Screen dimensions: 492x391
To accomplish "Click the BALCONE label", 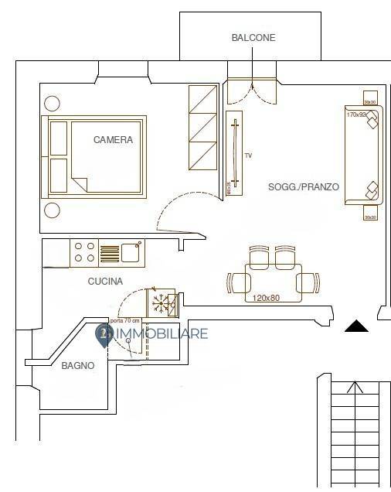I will point(253,37).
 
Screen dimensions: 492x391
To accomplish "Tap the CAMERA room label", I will point(113,140).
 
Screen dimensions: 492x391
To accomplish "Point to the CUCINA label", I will point(105,282).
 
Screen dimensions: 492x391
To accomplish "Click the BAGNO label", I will point(77,366).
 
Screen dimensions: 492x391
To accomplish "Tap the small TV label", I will point(248,156).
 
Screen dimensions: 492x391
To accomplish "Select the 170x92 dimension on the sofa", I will point(356,114).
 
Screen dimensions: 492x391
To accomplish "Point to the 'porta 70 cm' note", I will point(125,320).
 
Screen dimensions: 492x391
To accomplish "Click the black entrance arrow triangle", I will point(355,327).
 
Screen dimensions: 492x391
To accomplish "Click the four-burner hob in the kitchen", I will point(84,252).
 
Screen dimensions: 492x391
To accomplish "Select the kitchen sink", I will point(130,252).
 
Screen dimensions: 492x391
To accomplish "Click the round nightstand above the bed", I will point(53,103).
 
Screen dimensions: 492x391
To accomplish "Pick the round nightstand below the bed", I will point(53,210).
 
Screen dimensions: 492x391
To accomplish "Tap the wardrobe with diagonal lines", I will point(203,128).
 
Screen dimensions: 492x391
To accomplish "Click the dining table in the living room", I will point(272,278).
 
